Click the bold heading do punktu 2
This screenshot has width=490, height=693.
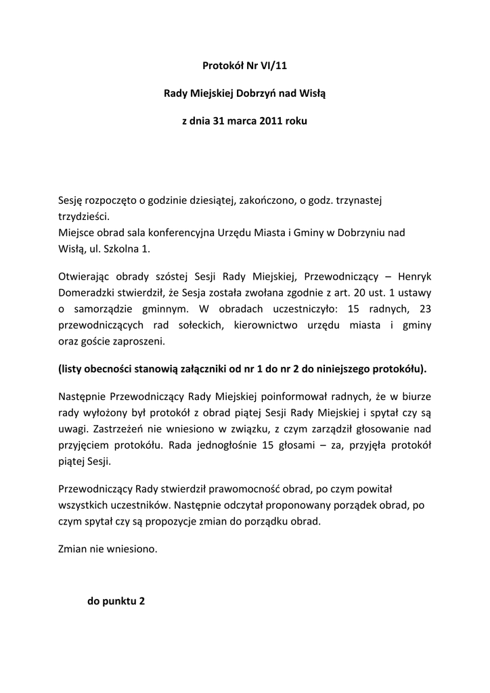[x=116, y=601]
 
